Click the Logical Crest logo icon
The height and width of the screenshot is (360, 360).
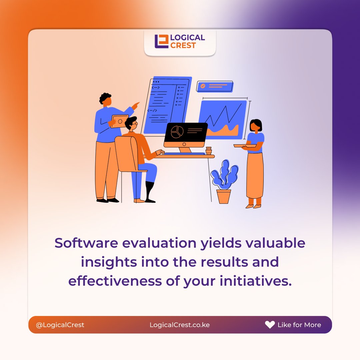coord(162,41)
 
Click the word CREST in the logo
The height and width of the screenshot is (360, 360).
coord(183,45)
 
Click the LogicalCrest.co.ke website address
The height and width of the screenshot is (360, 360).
coord(180,325)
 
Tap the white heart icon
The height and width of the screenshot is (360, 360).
coord(270,325)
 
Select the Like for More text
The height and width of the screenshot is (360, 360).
coord(299,325)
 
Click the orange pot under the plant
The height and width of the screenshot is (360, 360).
coord(224,196)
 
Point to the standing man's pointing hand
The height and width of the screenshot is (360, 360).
coord(135,106)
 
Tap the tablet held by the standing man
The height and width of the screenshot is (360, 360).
coord(119,121)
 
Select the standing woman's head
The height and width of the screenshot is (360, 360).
coord(256,126)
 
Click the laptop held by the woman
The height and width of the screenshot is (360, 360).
coord(244,146)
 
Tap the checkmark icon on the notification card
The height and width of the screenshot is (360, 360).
coord(203,86)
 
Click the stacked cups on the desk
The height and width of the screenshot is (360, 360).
coord(208,151)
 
